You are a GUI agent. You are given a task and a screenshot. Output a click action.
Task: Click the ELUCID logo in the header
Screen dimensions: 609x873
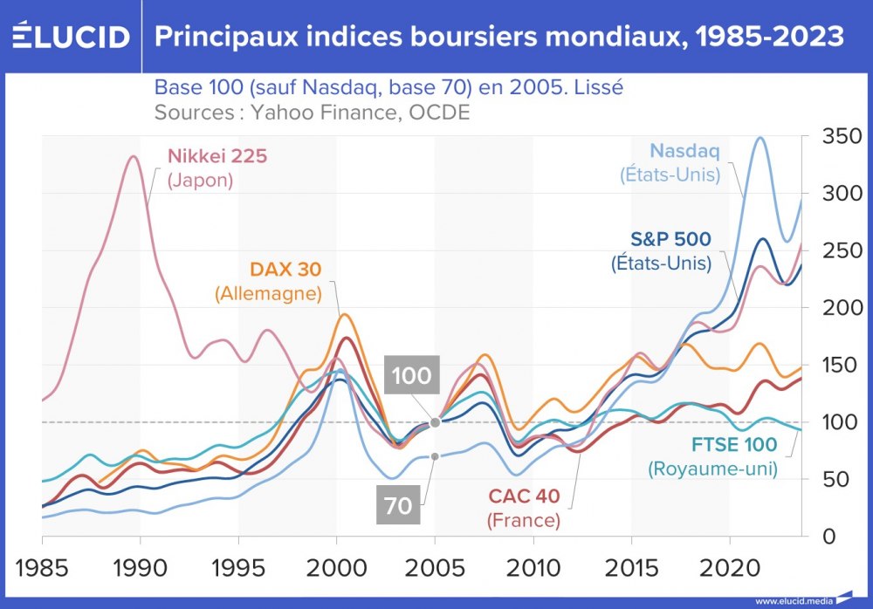(x=72, y=37)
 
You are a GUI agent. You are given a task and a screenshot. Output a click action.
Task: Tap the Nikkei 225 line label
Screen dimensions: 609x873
(x=217, y=157)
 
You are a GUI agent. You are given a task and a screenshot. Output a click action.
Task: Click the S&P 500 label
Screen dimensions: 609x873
(x=670, y=238)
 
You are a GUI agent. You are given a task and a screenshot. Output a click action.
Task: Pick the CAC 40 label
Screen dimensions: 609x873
(x=524, y=497)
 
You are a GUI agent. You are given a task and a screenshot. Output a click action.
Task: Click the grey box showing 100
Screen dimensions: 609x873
(x=411, y=376)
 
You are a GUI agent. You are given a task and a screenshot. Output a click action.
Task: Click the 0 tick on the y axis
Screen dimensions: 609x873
(x=829, y=537)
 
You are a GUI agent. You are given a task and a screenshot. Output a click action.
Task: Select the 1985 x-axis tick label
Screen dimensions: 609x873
(x=41, y=565)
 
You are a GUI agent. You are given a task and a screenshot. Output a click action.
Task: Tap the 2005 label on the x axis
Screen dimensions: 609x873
(x=434, y=565)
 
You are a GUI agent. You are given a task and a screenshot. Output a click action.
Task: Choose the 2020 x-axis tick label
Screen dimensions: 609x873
(x=730, y=565)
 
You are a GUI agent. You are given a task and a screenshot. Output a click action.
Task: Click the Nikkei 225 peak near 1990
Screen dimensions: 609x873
(x=133, y=157)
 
